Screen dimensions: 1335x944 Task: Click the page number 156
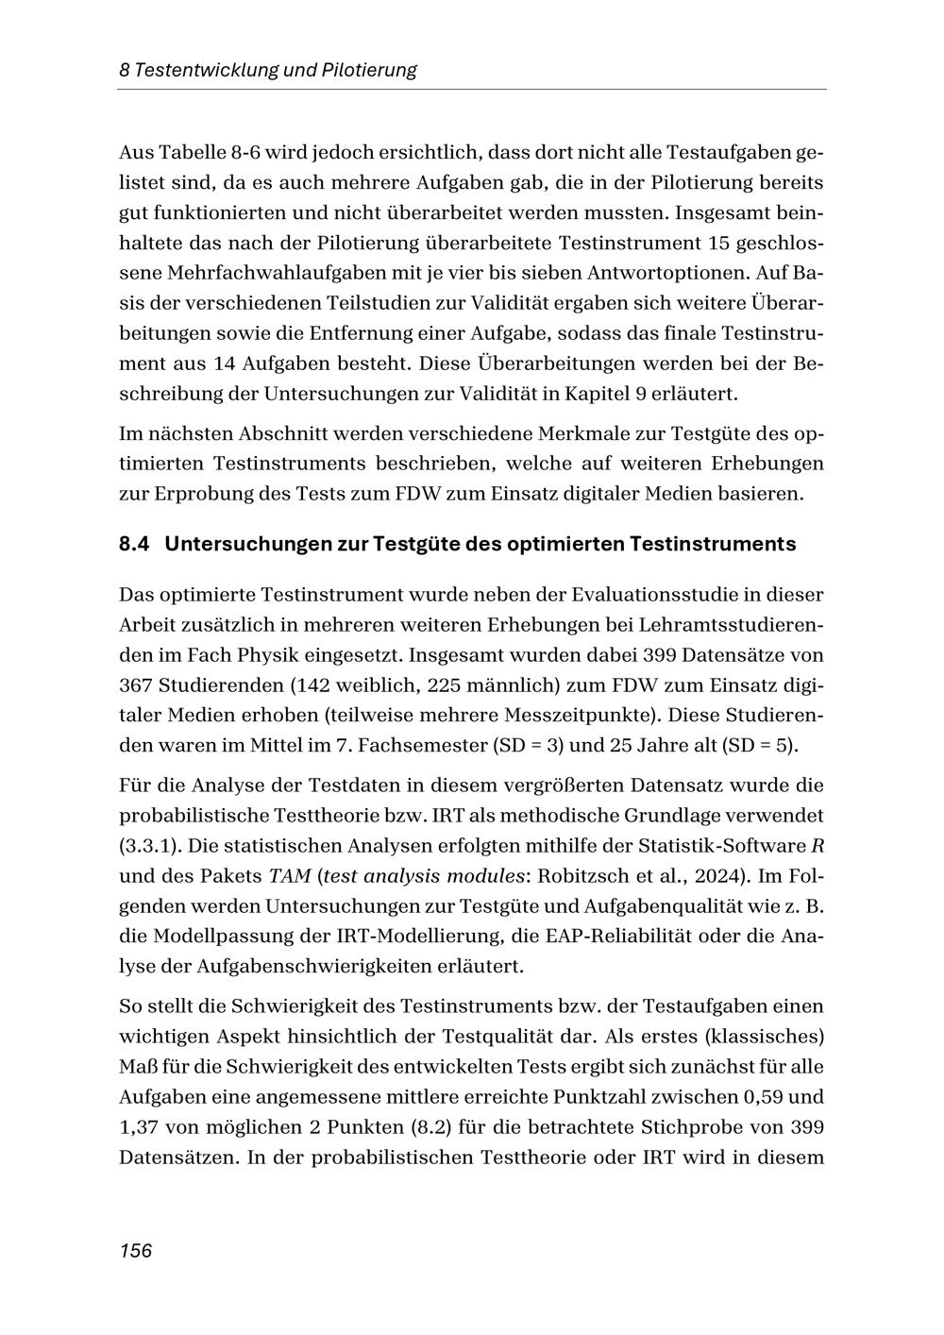[x=135, y=1251]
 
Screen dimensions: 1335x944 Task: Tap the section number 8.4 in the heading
[x=135, y=545]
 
